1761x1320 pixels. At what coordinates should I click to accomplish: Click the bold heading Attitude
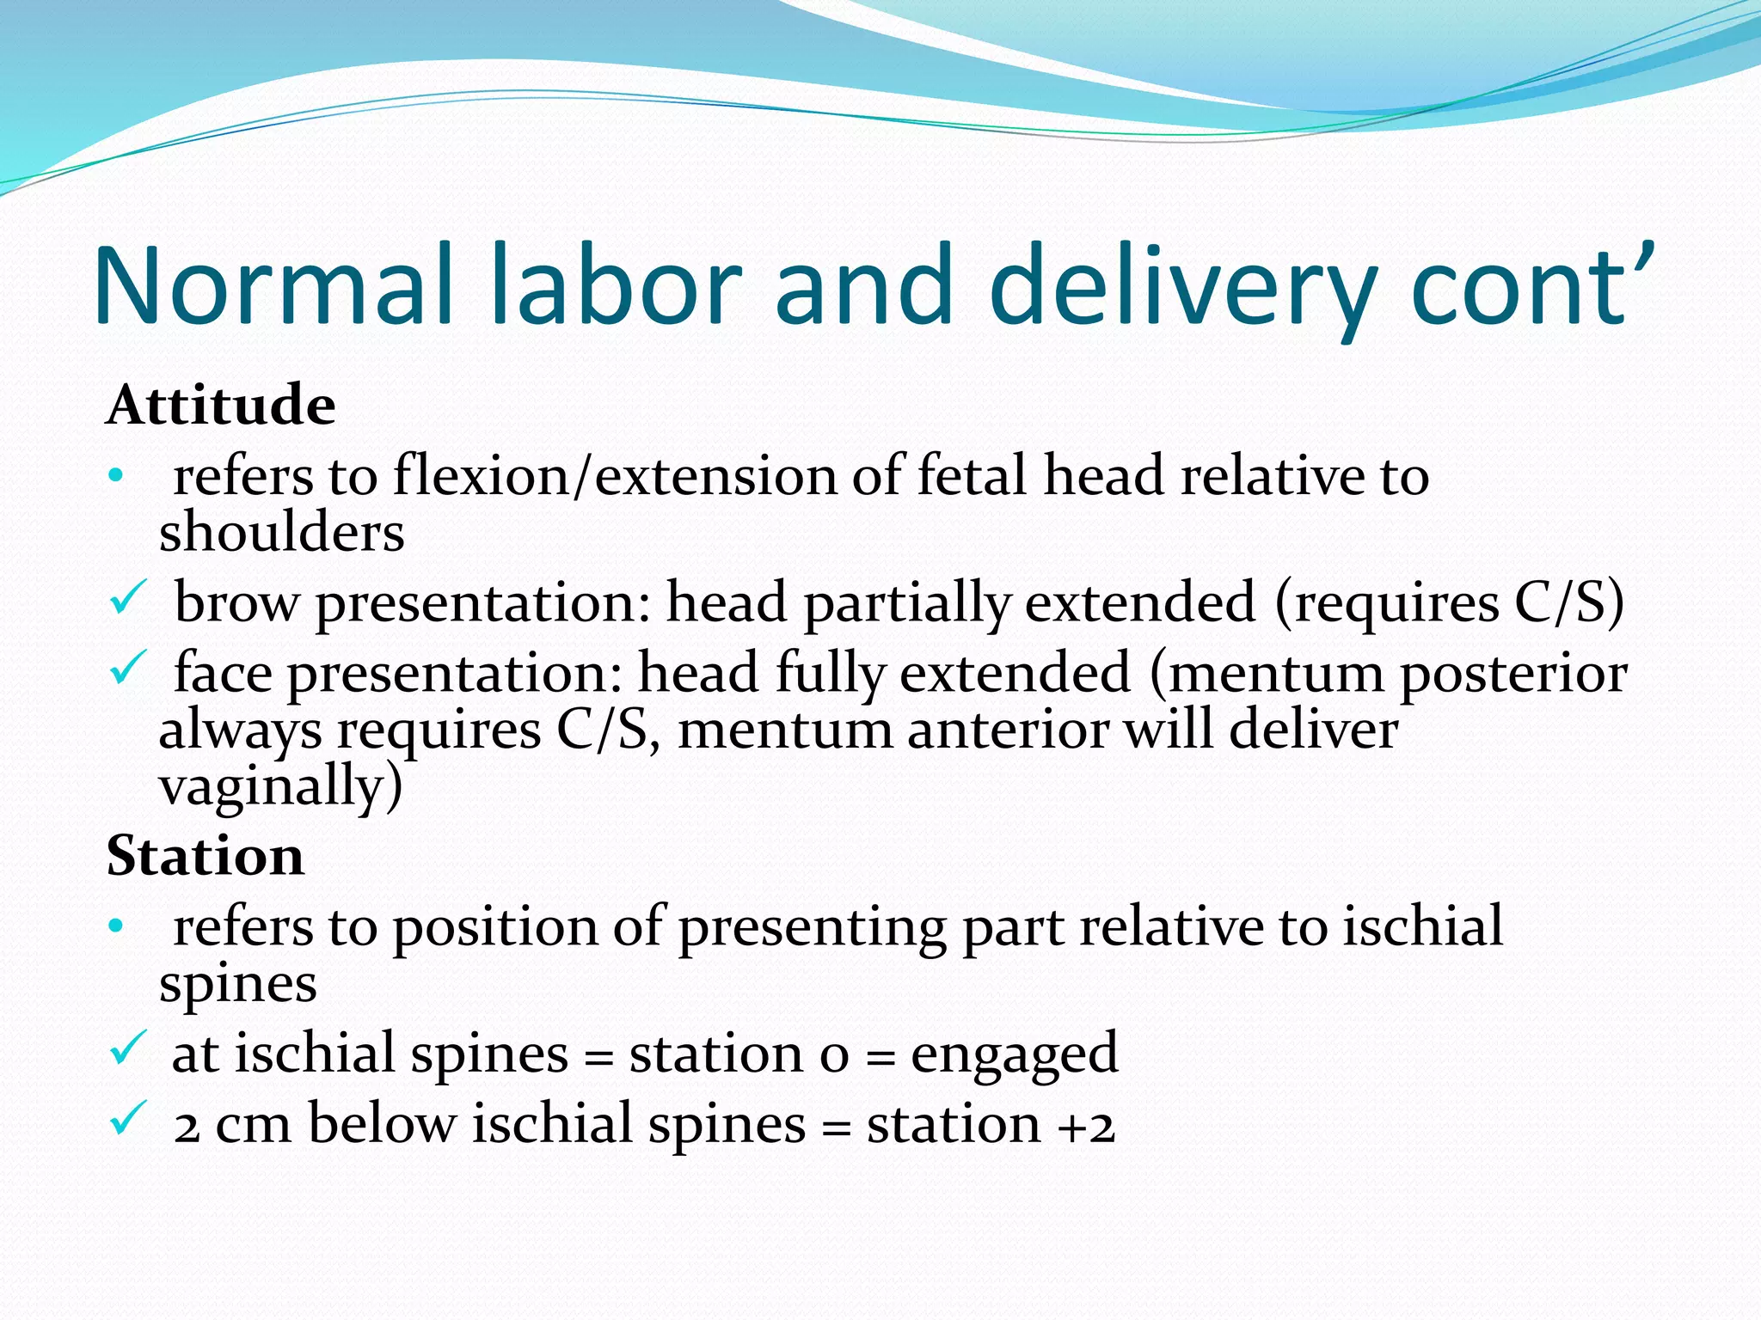[x=220, y=405]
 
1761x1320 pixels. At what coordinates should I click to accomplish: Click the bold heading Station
[x=205, y=856]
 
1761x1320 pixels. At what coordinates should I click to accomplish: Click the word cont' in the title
[x=1531, y=288]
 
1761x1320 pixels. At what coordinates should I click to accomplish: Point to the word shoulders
[x=281, y=532]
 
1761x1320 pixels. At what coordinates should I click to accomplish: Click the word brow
[x=236, y=602]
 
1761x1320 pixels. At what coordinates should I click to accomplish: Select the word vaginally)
[x=280, y=786]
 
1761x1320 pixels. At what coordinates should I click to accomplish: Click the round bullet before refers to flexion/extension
[x=117, y=475]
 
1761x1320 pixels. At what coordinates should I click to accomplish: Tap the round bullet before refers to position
[x=117, y=926]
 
